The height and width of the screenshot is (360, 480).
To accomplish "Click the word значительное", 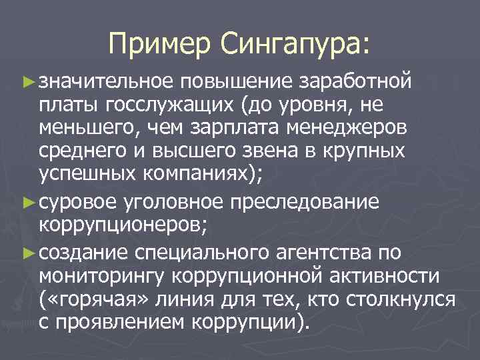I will click(105, 81).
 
